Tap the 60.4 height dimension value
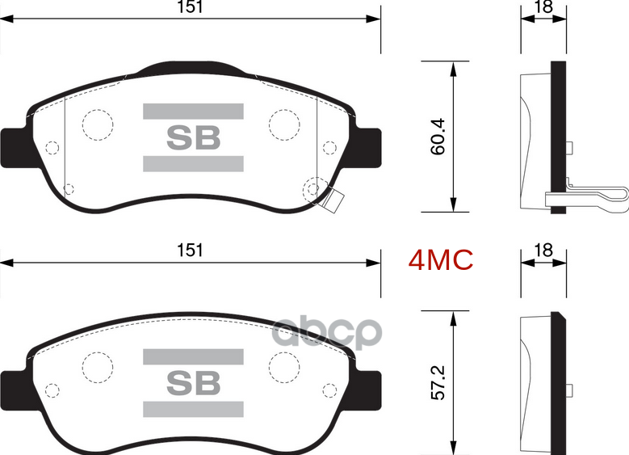click(x=438, y=138)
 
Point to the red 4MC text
click(x=440, y=260)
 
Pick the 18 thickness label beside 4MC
click(x=543, y=251)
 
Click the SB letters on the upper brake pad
click(x=193, y=137)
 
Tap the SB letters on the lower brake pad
click(x=193, y=383)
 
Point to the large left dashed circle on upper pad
click(x=98, y=124)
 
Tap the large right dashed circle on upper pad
click(x=284, y=123)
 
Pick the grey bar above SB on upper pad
click(x=193, y=111)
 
